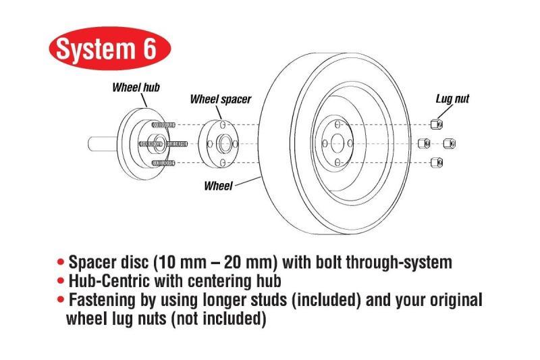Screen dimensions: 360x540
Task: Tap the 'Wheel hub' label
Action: point(136,87)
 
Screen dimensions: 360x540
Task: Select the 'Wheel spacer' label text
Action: point(220,99)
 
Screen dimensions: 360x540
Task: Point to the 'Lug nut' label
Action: point(452,99)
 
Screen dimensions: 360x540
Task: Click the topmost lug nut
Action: point(436,124)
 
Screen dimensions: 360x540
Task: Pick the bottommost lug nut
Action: point(436,162)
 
